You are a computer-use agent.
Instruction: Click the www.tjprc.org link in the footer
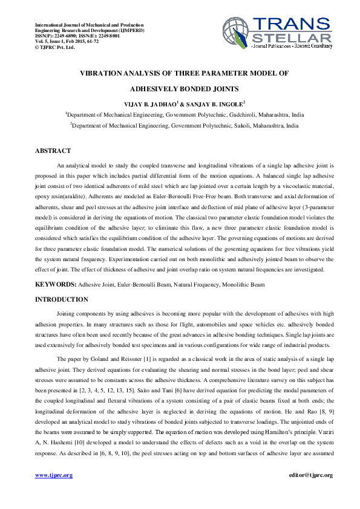click(54, 475)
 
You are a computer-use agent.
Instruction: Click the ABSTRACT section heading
click(53, 151)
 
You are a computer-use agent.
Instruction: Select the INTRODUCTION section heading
click(61, 300)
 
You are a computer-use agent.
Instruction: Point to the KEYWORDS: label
click(56, 284)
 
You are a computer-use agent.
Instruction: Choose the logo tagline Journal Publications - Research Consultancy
click(292, 47)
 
